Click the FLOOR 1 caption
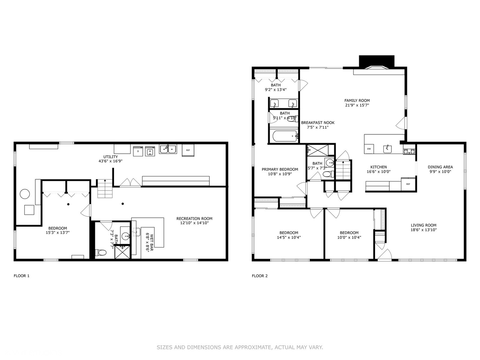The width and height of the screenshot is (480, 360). [21, 276]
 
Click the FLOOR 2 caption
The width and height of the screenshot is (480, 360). [260, 276]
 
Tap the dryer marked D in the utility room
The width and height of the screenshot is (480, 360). [138, 151]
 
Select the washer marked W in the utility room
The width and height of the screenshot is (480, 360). [150, 151]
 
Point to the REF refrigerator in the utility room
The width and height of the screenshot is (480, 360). [188, 150]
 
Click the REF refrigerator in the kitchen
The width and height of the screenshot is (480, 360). [408, 184]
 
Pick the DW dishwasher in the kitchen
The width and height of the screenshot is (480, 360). [369, 149]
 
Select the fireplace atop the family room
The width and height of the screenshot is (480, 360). [376, 63]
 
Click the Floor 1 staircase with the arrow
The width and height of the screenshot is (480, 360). [105, 189]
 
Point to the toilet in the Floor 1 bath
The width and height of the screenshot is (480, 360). [101, 252]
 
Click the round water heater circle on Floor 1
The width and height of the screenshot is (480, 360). [25, 194]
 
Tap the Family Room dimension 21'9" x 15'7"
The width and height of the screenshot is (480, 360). [357, 105]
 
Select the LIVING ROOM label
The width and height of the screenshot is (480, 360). [423, 225]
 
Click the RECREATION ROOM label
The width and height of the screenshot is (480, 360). [194, 219]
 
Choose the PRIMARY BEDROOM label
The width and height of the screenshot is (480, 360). [280, 169]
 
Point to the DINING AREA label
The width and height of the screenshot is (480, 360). [440, 167]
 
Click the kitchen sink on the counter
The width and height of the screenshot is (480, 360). [387, 149]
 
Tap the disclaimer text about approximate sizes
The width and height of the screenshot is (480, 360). [240, 347]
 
